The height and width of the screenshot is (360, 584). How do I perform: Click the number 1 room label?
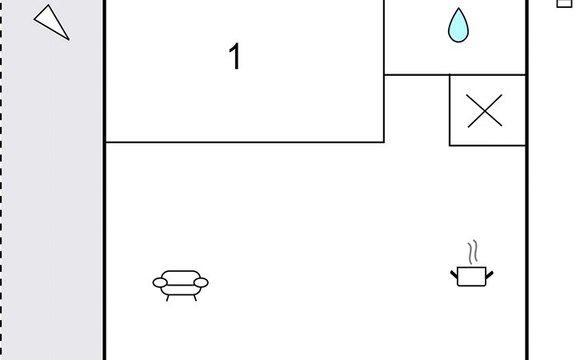click(x=235, y=56)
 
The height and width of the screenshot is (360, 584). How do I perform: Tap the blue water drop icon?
click(x=458, y=26)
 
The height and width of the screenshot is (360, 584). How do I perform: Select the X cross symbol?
click(x=485, y=110)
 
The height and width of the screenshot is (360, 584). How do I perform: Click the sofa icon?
click(x=181, y=286)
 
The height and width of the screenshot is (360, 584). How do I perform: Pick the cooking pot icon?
click(x=472, y=263)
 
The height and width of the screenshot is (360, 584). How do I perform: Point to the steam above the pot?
click(x=473, y=252)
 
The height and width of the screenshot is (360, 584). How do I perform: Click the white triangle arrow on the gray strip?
click(x=51, y=22)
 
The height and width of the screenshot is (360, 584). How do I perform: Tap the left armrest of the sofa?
click(x=160, y=283)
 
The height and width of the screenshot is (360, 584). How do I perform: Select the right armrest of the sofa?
click(x=201, y=283)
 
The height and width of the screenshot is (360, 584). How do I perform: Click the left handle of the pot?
click(x=454, y=275)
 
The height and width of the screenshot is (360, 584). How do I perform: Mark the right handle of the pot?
click(x=490, y=275)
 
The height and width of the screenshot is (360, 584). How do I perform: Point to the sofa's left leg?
click(x=168, y=298)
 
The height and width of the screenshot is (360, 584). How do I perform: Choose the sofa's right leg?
click(x=194, y=298)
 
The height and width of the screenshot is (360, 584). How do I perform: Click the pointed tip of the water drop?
click(x=458, y=8)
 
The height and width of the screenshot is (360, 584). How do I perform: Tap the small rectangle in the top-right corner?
click(x=564, y=3)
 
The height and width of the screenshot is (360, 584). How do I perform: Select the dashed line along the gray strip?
click(x=1, y=180)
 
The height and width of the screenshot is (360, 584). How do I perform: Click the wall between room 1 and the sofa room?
click(x=245, y=142)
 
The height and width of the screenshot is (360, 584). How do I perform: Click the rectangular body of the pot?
click(x=471, y=277)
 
